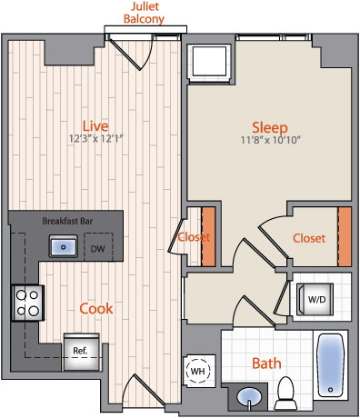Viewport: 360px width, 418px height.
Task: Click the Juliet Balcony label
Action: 144,13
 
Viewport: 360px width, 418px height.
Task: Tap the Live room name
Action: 95,126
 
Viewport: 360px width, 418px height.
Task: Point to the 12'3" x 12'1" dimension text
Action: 95,139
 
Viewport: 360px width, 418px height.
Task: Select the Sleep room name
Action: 270,128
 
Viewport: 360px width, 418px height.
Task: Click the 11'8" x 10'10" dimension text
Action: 270,140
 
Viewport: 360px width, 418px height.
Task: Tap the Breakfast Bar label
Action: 67,221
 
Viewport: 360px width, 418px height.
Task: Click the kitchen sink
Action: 64,246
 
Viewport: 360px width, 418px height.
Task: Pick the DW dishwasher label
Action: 98,249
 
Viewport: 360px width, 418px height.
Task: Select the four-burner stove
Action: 28,303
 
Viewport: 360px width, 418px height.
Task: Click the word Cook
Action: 96,309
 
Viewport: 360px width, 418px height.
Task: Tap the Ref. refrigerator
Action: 81,352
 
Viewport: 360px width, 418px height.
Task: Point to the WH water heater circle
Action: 198,371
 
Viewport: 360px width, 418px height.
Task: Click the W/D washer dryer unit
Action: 315,300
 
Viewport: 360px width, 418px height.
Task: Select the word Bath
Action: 266,363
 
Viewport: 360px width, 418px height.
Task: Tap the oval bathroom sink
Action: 249,397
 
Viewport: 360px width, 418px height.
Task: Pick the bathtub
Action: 330,364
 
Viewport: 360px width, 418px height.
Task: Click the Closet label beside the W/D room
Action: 309,238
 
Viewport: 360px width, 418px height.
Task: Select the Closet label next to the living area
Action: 194,237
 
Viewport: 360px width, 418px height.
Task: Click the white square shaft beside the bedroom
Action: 209,62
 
